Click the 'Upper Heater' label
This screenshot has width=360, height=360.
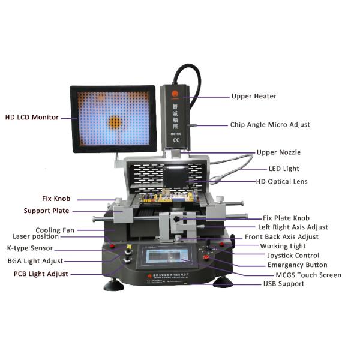click(254, 96)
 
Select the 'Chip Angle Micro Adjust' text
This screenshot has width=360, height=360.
click(270, 125)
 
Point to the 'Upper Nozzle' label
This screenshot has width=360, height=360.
click(278, 152)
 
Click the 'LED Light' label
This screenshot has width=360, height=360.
click(283, 169)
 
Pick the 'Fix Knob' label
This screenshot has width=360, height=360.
click(56, 198)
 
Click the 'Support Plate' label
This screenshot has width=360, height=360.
click(46, 211)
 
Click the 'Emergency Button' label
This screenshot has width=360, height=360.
click(297, 265)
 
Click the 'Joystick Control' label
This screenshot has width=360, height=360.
click(292, 255)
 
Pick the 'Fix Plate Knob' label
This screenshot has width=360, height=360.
click(286, 218)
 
